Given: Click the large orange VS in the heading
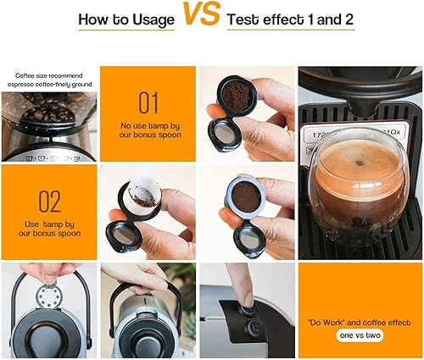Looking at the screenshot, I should pyautogui.click(x=202, y=16).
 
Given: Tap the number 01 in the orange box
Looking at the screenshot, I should pyautogui.click(x=148, y=103).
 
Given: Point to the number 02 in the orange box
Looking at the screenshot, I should pyautogui.click(x=49, y=202).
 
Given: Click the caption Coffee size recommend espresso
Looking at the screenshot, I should pyautogui.click(x=48, y=80).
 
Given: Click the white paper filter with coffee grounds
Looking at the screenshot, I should pyautogui.click(x=144, y=199).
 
